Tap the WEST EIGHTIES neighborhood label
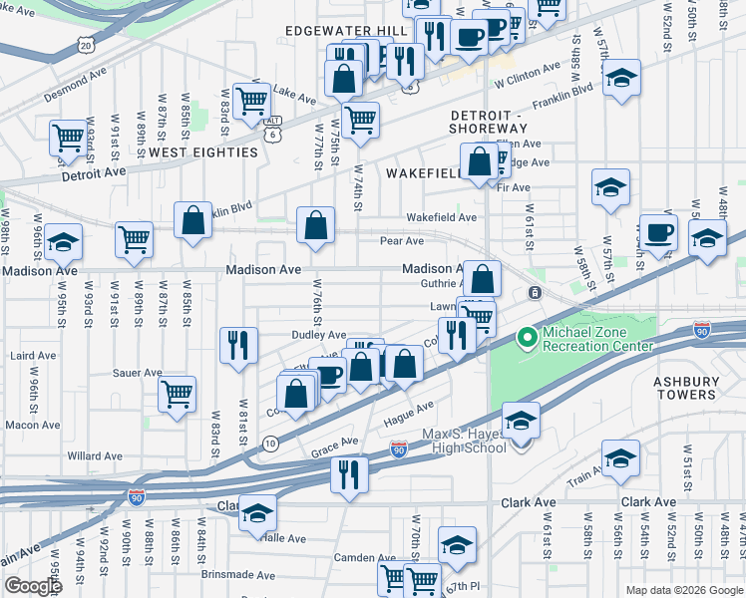[202, 152]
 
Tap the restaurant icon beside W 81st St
[239, 345]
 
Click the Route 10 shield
[270, 442]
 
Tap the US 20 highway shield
[87, 45]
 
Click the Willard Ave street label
[95, 456]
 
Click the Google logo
[34, 586]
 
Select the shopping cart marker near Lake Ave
[252, 99]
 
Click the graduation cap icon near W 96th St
[63, 242]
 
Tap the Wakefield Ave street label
[441, 217]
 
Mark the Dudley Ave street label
[318, 336]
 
